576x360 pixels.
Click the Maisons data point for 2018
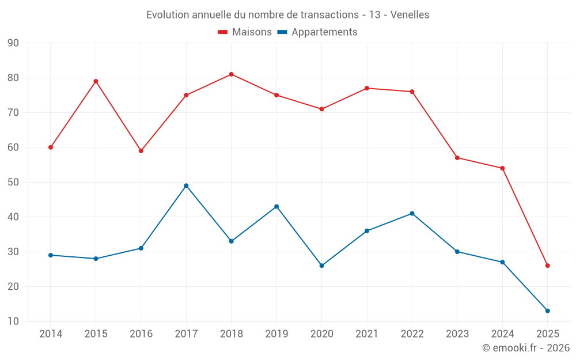231,74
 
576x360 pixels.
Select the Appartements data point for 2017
186,185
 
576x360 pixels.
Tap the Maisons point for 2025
547,266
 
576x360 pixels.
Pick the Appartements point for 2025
547,311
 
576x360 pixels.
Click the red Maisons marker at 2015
96,81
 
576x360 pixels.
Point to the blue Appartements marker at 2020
321,266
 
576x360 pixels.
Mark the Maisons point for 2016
141,151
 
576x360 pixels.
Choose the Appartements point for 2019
276,206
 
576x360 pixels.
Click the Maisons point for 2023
457,158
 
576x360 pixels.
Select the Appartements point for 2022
412,214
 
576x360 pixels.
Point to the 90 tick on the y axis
13,43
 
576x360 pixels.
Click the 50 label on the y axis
13,183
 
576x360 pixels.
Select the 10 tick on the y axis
13,321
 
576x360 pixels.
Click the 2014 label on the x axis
51,334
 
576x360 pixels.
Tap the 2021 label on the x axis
367,334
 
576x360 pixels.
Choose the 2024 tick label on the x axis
502,334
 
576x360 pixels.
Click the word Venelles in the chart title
410,15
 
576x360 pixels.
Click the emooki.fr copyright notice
525,348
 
